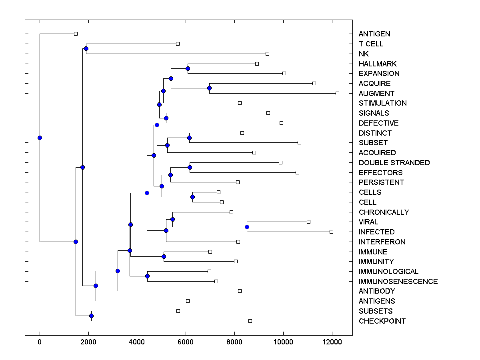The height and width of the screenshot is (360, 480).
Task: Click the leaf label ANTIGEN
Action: point(374,34)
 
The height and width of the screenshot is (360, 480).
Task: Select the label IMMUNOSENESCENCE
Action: point(398,282)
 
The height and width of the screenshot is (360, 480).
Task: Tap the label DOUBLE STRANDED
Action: point(394,163)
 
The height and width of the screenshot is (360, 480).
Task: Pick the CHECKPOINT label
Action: point(382,321)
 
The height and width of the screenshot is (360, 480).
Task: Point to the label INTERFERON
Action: point(382,242)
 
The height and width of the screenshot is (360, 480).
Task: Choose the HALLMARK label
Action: point(378,64)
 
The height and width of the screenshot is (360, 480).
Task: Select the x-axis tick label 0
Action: point(40,342)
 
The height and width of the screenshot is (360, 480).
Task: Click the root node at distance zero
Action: point(40,138)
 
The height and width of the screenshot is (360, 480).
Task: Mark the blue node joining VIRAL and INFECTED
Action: point(247,227)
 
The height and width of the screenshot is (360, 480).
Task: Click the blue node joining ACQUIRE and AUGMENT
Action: point(209,88)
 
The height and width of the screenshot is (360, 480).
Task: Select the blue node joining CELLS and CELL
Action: point(192,197)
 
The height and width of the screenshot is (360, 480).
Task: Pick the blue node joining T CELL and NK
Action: point(86,49)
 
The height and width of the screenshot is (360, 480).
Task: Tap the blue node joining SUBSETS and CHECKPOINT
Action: point(91,316)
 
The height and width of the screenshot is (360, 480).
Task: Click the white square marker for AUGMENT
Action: point(337,93)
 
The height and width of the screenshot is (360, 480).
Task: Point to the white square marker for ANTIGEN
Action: point(76,34)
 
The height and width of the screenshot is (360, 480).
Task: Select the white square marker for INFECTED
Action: point(331,232)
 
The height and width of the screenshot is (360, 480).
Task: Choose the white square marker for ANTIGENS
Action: point(188,301)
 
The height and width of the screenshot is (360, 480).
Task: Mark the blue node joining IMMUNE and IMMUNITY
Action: point(164,257)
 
